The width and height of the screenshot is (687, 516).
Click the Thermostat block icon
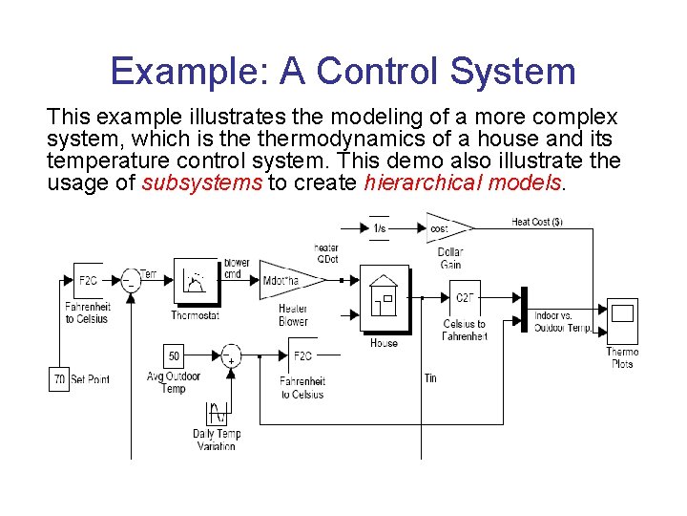tap(196, 280)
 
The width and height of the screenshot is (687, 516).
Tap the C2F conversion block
tap(466, 298)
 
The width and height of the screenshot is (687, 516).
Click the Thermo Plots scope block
tap(622, 323)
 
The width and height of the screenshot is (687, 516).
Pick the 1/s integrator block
tap(379, 227)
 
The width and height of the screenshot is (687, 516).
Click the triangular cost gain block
tap(447, 228)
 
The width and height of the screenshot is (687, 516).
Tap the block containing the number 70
tap(59, 379)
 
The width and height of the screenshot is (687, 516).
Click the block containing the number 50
tap(174, 356)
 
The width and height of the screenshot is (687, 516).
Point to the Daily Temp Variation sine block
tap(217, 415)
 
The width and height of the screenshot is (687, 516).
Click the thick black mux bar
tap(524, 311)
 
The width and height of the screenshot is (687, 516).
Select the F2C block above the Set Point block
tap(87, 281)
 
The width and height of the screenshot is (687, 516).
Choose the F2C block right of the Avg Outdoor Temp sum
tap(302, 356)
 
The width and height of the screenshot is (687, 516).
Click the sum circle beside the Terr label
tap(132, 280)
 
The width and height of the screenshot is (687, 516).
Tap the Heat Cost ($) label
tap(537, 222)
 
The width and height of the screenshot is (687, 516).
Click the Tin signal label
tap(430, 378)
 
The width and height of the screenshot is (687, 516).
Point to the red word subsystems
tap(201, 183)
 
